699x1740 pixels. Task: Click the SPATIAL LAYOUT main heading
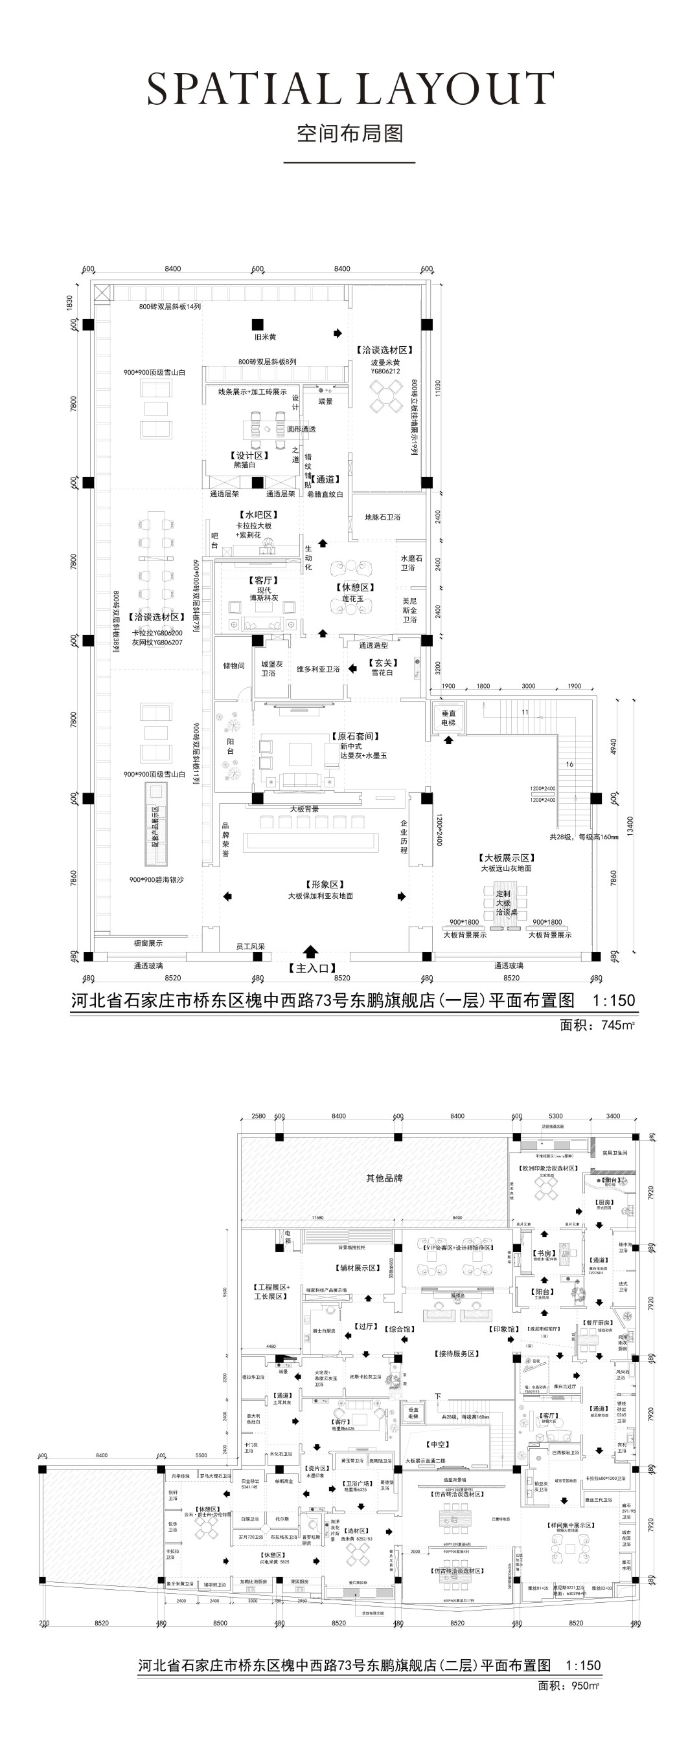[350, 89]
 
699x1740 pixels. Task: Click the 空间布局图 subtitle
[350, 134]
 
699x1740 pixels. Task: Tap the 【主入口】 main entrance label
[312, 968]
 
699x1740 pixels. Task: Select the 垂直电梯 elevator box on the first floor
[448, 718]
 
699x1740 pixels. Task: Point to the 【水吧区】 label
[258, 514]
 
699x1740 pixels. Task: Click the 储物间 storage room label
[233, 665]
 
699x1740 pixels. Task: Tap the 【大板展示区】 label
[507, 858]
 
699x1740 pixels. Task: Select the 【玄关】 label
[383, 663]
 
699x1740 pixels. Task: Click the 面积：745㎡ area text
[597, 1025]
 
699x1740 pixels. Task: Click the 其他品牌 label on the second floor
[384, 1178]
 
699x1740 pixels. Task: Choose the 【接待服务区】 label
[457, 1354]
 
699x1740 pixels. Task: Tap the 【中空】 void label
[438, 1444]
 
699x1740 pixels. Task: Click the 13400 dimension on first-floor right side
[631, 826]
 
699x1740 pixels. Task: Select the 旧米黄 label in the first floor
[265, 336]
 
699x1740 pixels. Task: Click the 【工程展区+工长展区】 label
[271, 1292]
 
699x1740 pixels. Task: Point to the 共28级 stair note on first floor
[584, 836]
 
